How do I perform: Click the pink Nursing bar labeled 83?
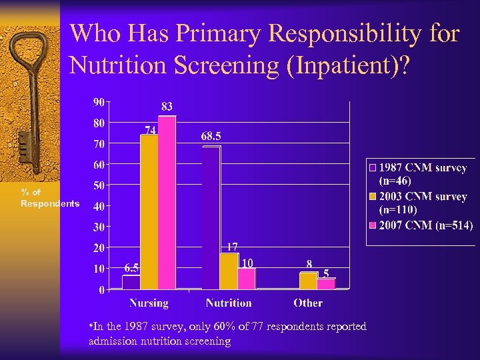pyautogui.click(x=167, y=203)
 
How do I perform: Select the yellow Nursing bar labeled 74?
pyautogui.click(x=149, y=212)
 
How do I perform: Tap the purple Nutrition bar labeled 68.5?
pyautogui.click(x=211, y=217)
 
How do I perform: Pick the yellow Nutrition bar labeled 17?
pyautogui.click(x=229, y=271)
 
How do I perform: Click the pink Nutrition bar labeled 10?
pyautogui.click(x=246, y=278)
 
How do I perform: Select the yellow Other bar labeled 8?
pyautogui.click(x=309, y=281)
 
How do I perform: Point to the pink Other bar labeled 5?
pyautogui.click(x=326, y=284)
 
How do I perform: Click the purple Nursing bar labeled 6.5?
pyautogui.click(x=131, y=282)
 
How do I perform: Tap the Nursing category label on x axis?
pyautogui.click(x=149, y=303)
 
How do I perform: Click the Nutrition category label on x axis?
pyautogui.click(x=229, y=303)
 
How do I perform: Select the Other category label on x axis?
pyautogui.click(x=308, y=303)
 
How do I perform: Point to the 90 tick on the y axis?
pyautogui.click(x=98, y=102)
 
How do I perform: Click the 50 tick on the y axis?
pyautogui.click(x=98, y=185)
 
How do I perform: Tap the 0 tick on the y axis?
pyautogui.click(x=101, y=290)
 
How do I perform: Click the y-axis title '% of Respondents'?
pyautogui.click(x=49, y=198)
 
